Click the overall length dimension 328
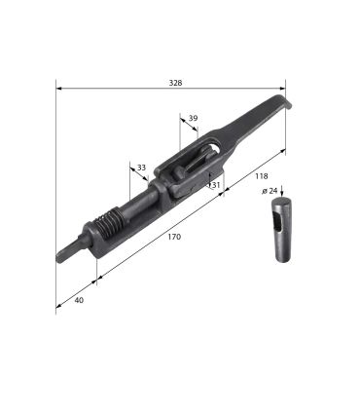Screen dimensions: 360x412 coord(175,83)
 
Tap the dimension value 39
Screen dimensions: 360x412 coord(193,118)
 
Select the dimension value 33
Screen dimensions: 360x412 coord(141,168)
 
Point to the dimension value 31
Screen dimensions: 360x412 coord(216,185)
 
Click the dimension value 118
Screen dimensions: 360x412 coord(262,176)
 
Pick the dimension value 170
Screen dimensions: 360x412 coord(174,237)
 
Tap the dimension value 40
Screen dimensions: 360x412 coord(79,300)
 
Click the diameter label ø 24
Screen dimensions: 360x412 coord(270,191)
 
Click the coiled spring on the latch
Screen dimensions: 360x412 coord(109,222)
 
